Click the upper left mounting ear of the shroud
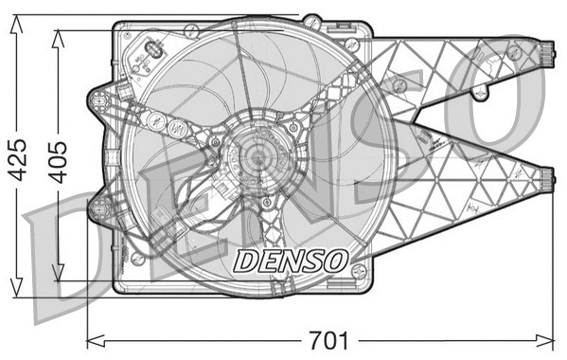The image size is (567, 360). tap(97, 99)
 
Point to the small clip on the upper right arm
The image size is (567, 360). tap(482, 91)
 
